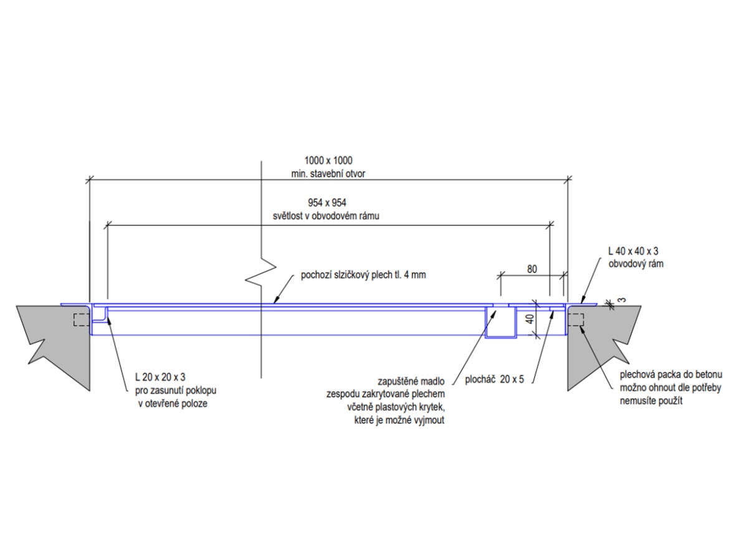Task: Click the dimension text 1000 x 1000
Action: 328,161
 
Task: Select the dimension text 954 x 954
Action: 328,203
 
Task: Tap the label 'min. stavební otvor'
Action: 328,174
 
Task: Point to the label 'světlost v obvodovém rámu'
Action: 328,216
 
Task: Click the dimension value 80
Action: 531,270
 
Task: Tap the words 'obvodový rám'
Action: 636,264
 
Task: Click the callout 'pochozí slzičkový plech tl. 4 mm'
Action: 363,275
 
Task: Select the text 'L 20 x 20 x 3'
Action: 161,378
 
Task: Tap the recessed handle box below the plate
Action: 500,324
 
